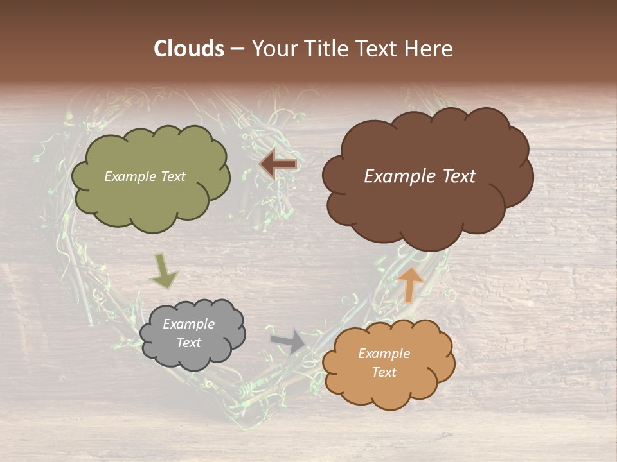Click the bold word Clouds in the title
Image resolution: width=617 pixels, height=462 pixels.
pos(189,49)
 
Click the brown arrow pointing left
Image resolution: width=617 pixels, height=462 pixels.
pos(278,164)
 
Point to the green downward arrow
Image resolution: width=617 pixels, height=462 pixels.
pos(164,271)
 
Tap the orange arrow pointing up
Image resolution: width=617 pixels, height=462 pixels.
pos(411,285)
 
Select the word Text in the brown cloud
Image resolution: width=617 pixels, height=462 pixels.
pos(458,176)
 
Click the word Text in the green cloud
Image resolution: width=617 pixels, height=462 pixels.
pos(173,176)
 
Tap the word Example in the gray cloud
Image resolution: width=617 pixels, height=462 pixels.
pos(189,324)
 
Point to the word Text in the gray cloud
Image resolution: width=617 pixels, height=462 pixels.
pos(189,343)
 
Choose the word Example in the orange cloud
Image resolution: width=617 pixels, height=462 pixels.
pos(384,354)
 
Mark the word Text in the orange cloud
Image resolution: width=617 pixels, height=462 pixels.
pos(384,372)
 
